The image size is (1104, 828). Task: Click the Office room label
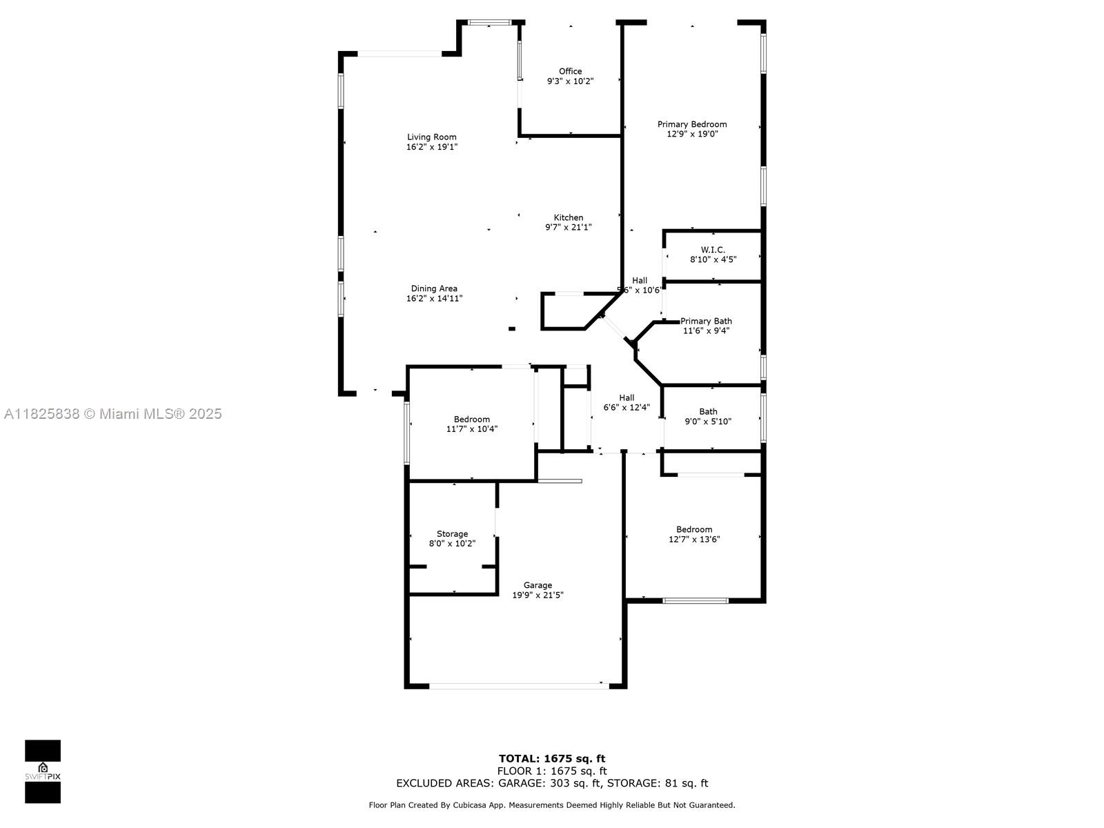570,71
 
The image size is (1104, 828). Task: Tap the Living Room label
431,137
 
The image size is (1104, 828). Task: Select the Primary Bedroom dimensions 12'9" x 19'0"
692,134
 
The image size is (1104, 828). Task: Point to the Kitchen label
569,217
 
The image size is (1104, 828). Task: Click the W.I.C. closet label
713,249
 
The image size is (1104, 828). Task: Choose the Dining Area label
434,288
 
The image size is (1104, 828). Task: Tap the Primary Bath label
706,321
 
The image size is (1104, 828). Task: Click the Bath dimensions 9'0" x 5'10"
708,422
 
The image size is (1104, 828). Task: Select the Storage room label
452,534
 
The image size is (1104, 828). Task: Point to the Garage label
538,585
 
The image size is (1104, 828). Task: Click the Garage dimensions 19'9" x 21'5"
538,595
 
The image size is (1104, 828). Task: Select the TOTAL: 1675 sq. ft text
552,758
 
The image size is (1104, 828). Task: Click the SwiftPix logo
43,771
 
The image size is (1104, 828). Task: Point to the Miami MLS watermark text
112,414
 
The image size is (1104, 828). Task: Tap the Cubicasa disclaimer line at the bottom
552,805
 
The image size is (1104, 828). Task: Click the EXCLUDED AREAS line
552,783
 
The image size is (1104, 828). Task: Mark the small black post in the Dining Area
511,329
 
